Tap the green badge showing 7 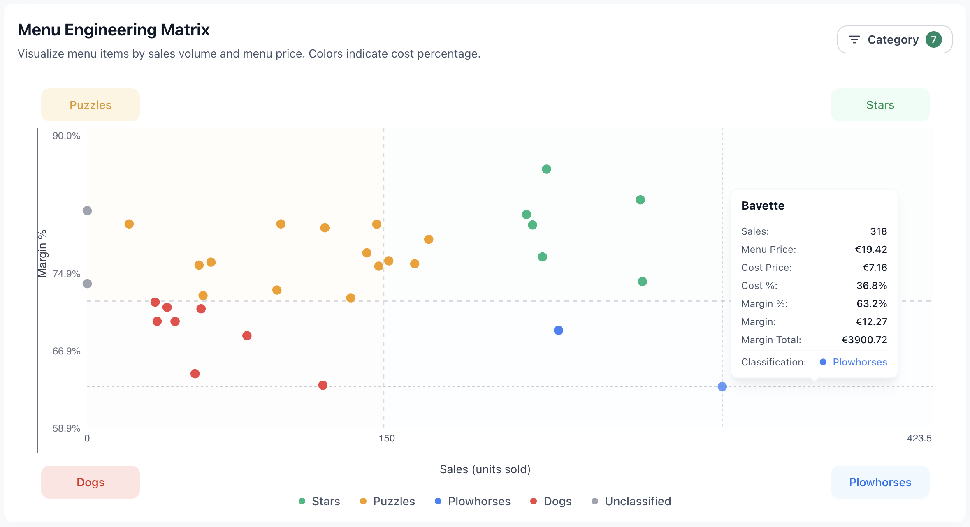click(933, 39)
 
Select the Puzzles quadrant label click(91, 105)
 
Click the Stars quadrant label click(880, 105)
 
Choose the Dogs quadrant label click(91, 482)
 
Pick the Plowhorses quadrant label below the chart click(880, 482)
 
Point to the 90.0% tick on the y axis click(66, 136)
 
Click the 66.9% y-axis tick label click(66, 351)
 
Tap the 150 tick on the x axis click(387, 438)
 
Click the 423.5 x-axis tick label click(919, 438)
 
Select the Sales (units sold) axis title click(485, 469)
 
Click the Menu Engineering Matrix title click(114, 30)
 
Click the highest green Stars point click(546, 169)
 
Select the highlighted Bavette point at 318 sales click(722, 386)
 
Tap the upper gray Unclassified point click(87, 211)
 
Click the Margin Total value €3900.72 click(864, 340)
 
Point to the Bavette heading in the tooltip click(763, 206)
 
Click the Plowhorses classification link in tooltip click(859, 362)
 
